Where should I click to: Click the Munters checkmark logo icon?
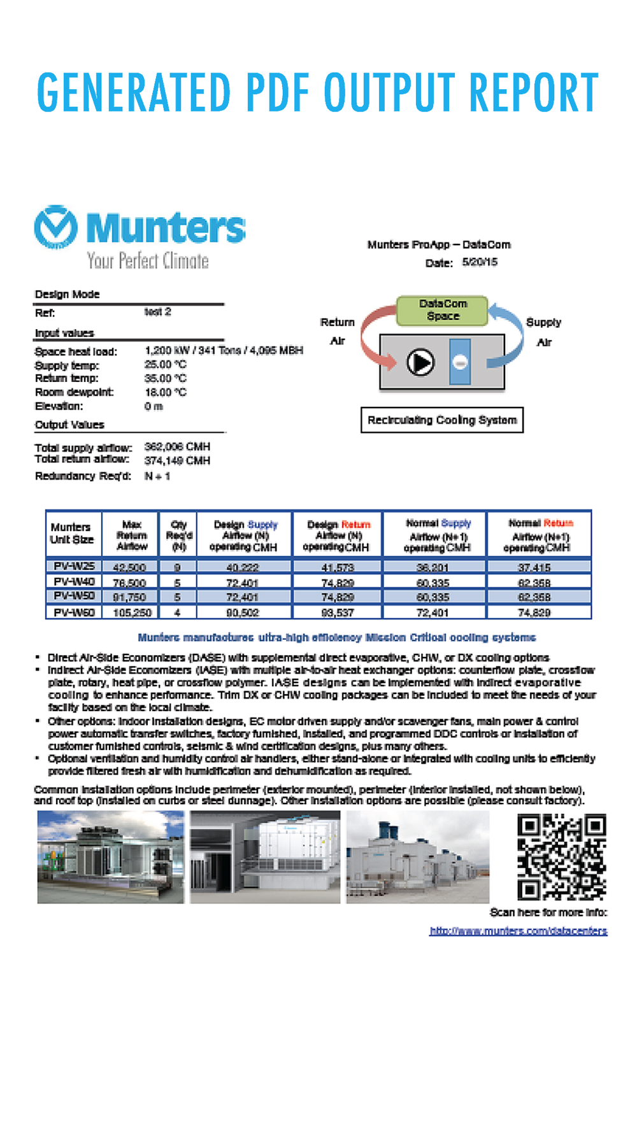pos(55,227)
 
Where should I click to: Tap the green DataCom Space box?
pos(443,310)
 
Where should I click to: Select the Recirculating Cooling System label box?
pos(442,420)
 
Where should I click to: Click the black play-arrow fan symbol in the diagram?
pos(420,362)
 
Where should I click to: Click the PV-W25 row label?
pos(74,566)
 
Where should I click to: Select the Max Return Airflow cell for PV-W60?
pos(131,612)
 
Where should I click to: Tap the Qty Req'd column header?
pos(178,535)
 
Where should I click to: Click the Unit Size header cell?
pos(72,534)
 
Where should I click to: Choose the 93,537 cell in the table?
pos(338,612)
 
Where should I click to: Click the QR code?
pos(561,857)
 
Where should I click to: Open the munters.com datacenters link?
pos(518,931)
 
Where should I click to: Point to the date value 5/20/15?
pos(480,262)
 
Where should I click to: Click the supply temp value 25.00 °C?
pos(166,364)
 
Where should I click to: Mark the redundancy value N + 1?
pos(157,476)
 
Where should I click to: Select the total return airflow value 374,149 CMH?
pos(177,460)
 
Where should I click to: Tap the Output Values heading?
pos(69,425)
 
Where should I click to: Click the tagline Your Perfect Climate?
pos(148,260)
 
